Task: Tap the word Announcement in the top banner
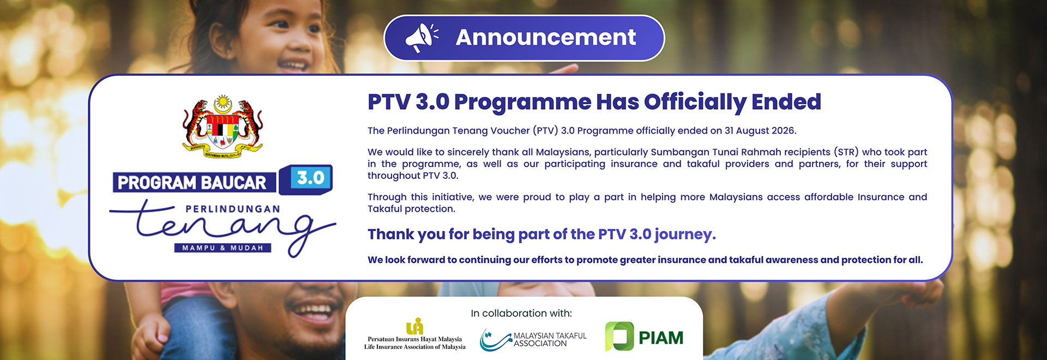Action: pos(546,38)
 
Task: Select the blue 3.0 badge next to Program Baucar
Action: pos(306,179)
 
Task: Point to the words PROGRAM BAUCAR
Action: pos(192,183)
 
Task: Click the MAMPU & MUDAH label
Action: pos(222,248)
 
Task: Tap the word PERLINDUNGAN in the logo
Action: pos(233,209)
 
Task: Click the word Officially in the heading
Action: pos(695,103)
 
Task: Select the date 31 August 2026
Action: pos(760,131)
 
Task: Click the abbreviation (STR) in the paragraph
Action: pos(846,152)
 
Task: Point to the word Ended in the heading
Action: pos(786,102)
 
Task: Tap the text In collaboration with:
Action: pos(521,314)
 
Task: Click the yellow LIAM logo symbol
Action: pos(415,326)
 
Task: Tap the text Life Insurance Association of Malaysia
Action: pos(415,347)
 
